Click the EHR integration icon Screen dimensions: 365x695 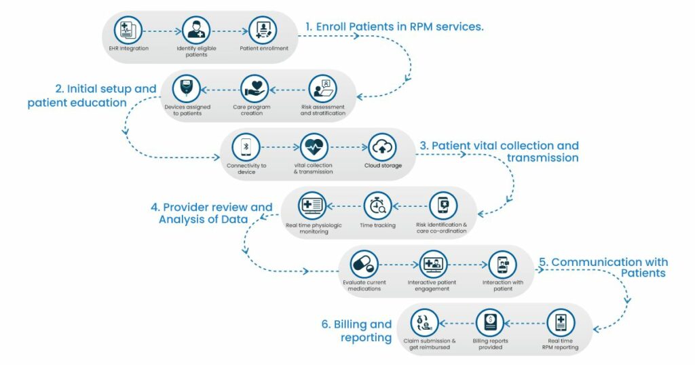click(x=128, y=31)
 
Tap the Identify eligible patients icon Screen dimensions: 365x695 click(x=196, y=31)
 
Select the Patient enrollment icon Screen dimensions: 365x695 click(x=264, y=31)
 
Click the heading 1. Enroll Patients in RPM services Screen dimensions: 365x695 click(x=394, y=26)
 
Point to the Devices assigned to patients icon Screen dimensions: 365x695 click(x=187, y=89)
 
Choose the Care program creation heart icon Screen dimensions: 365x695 click(x=255, y=89)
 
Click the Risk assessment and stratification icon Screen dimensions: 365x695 click(x=322, y=89)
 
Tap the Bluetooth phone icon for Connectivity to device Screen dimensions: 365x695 click(x=246, y=147)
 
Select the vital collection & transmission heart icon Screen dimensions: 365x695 click(x=314, y=147)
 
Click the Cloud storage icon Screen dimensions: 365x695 click(x=382, y=147)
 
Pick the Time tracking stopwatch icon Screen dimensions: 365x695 click(x=377, y=206)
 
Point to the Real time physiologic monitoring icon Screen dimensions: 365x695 click(x=312, y=206)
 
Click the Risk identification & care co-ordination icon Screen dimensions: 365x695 click(x=442, y=206)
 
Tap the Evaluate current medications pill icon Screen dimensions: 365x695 click(x=362, y=264)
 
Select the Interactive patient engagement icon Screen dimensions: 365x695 click(x=432, y=264)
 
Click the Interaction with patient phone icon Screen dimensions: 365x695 click(x=503, y=264)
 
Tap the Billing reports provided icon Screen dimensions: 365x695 click(x=489, y=322)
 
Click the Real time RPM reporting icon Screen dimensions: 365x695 click(x=561, y=322)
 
